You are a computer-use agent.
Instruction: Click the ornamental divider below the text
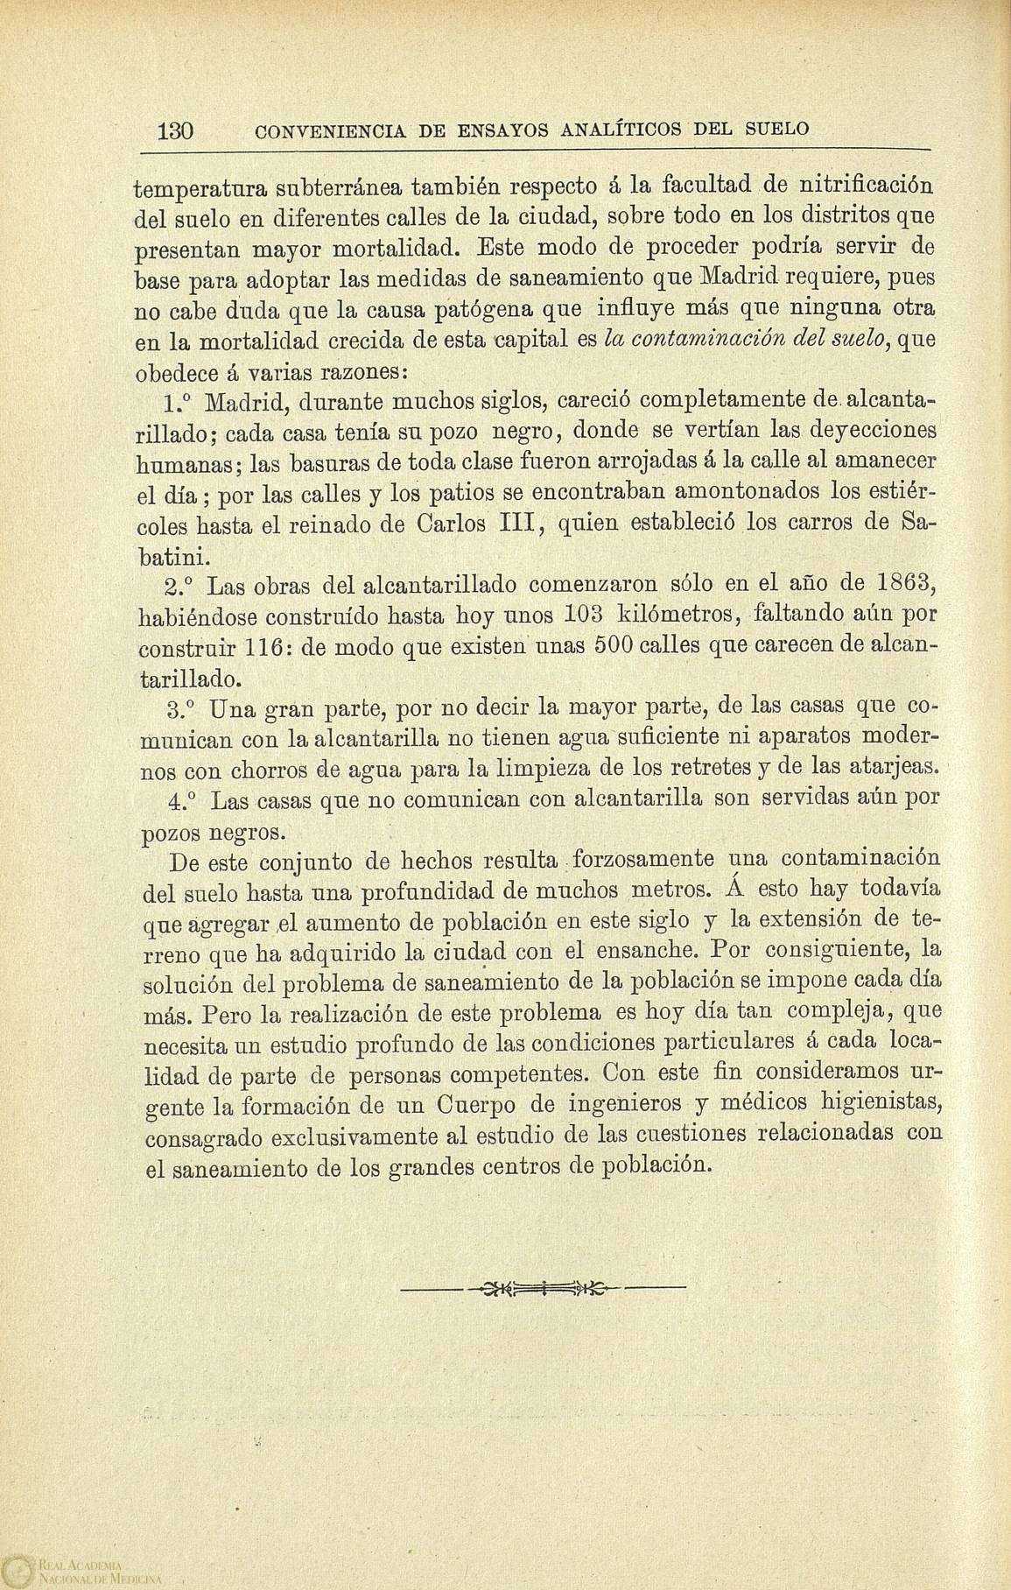(542, 1288)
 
